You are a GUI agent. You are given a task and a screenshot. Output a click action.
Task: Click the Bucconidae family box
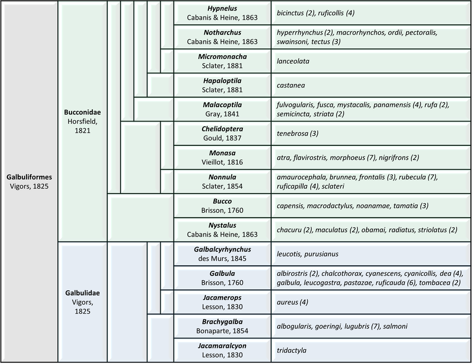coord(82,121)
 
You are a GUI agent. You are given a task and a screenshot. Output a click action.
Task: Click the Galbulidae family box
coord(82,302)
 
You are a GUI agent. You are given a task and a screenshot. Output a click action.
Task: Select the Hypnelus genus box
coord(222,13)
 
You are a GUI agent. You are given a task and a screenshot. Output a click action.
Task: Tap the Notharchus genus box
coord(222,37)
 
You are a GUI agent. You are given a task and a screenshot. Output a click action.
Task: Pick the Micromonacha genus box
coord(222,61)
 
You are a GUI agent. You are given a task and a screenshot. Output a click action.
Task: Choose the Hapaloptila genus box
coord(222,85)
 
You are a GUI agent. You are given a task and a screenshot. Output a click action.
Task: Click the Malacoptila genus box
coord(222,109)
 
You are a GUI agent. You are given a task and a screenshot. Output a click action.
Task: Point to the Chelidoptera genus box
coord(222,133)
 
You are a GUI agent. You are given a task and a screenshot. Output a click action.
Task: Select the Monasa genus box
coord(222,158)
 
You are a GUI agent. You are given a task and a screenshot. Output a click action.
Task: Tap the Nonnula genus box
coord(222,181)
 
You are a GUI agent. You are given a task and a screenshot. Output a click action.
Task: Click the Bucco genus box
coord(222,206)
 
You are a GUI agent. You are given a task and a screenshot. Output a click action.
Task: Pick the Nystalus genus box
coord(222,230)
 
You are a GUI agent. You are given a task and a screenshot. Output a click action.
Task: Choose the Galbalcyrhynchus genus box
coord(222,254)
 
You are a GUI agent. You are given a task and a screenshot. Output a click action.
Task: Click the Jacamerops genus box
coord(222,302)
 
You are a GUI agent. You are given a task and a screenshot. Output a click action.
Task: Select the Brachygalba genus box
coord(222,326)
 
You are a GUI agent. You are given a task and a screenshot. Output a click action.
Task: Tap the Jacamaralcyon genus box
coord(222,350)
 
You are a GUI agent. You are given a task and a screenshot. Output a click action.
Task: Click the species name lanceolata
coord(293,61)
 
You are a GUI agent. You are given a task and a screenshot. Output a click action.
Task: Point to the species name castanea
coord(291,85)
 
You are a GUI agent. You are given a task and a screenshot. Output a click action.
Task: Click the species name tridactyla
coord(292,350)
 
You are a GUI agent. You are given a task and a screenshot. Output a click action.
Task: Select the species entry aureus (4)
coord(293,302)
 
